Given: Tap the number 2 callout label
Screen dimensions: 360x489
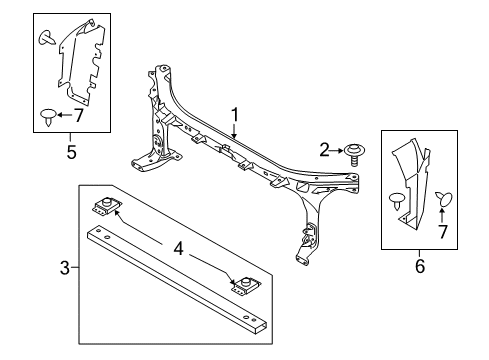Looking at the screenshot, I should (324, 150).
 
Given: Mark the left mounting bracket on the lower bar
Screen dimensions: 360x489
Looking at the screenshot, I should (103, 209).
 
